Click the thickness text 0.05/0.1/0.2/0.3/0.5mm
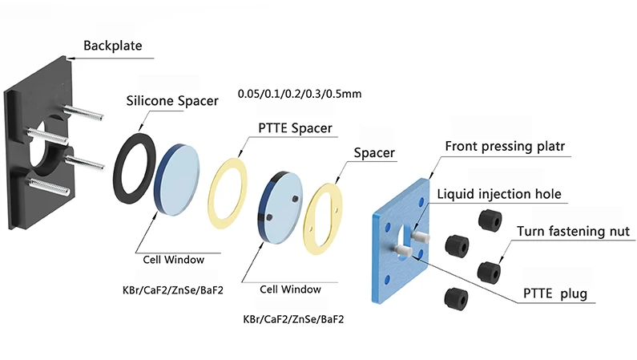point(300,94)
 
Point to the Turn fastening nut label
point(572,231)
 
